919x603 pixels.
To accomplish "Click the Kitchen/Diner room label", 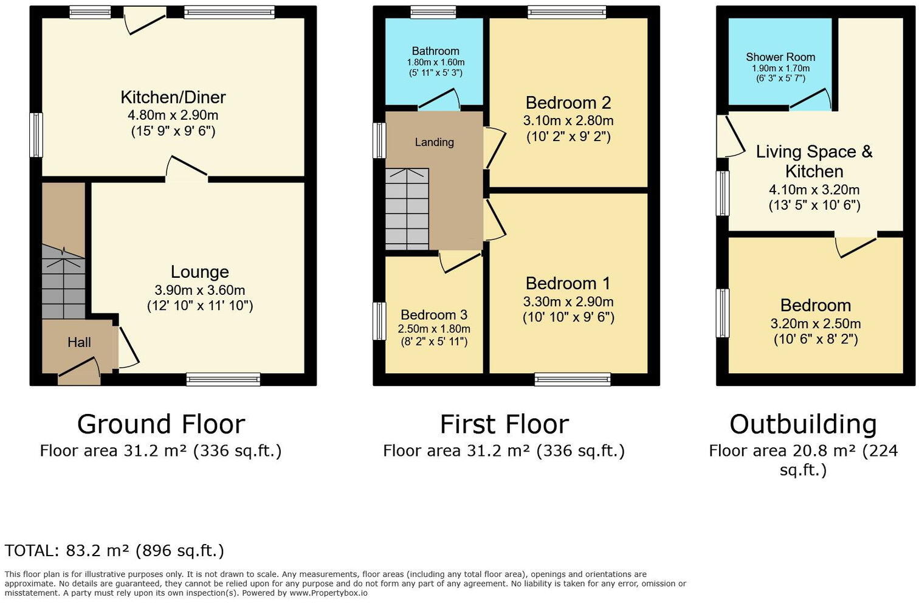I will point(173,97).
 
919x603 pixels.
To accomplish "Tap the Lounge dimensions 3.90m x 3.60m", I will point(200,291).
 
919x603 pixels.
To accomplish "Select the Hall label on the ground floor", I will point(79,343).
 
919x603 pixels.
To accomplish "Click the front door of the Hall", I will point(79,371).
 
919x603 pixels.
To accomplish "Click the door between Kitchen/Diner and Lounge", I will point(187,170).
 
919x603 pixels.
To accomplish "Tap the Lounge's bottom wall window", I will point(223,380).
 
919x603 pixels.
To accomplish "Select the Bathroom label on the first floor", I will point(435,51).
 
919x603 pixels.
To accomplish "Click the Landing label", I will point(434,142).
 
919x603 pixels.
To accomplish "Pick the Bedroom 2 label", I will point(568,103).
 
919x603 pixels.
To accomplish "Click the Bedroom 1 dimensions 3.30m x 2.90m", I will point(568,302).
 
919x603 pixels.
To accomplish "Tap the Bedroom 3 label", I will point(434,315).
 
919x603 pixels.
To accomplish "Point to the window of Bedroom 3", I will point(379,320).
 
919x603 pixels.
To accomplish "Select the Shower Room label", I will point(780,57).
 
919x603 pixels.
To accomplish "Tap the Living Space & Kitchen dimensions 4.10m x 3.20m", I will point(814,190).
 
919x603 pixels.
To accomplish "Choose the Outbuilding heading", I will point(803,424).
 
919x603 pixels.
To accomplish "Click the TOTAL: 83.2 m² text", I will point(114,551).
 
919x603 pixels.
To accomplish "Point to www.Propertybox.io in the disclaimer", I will point(328,593).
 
